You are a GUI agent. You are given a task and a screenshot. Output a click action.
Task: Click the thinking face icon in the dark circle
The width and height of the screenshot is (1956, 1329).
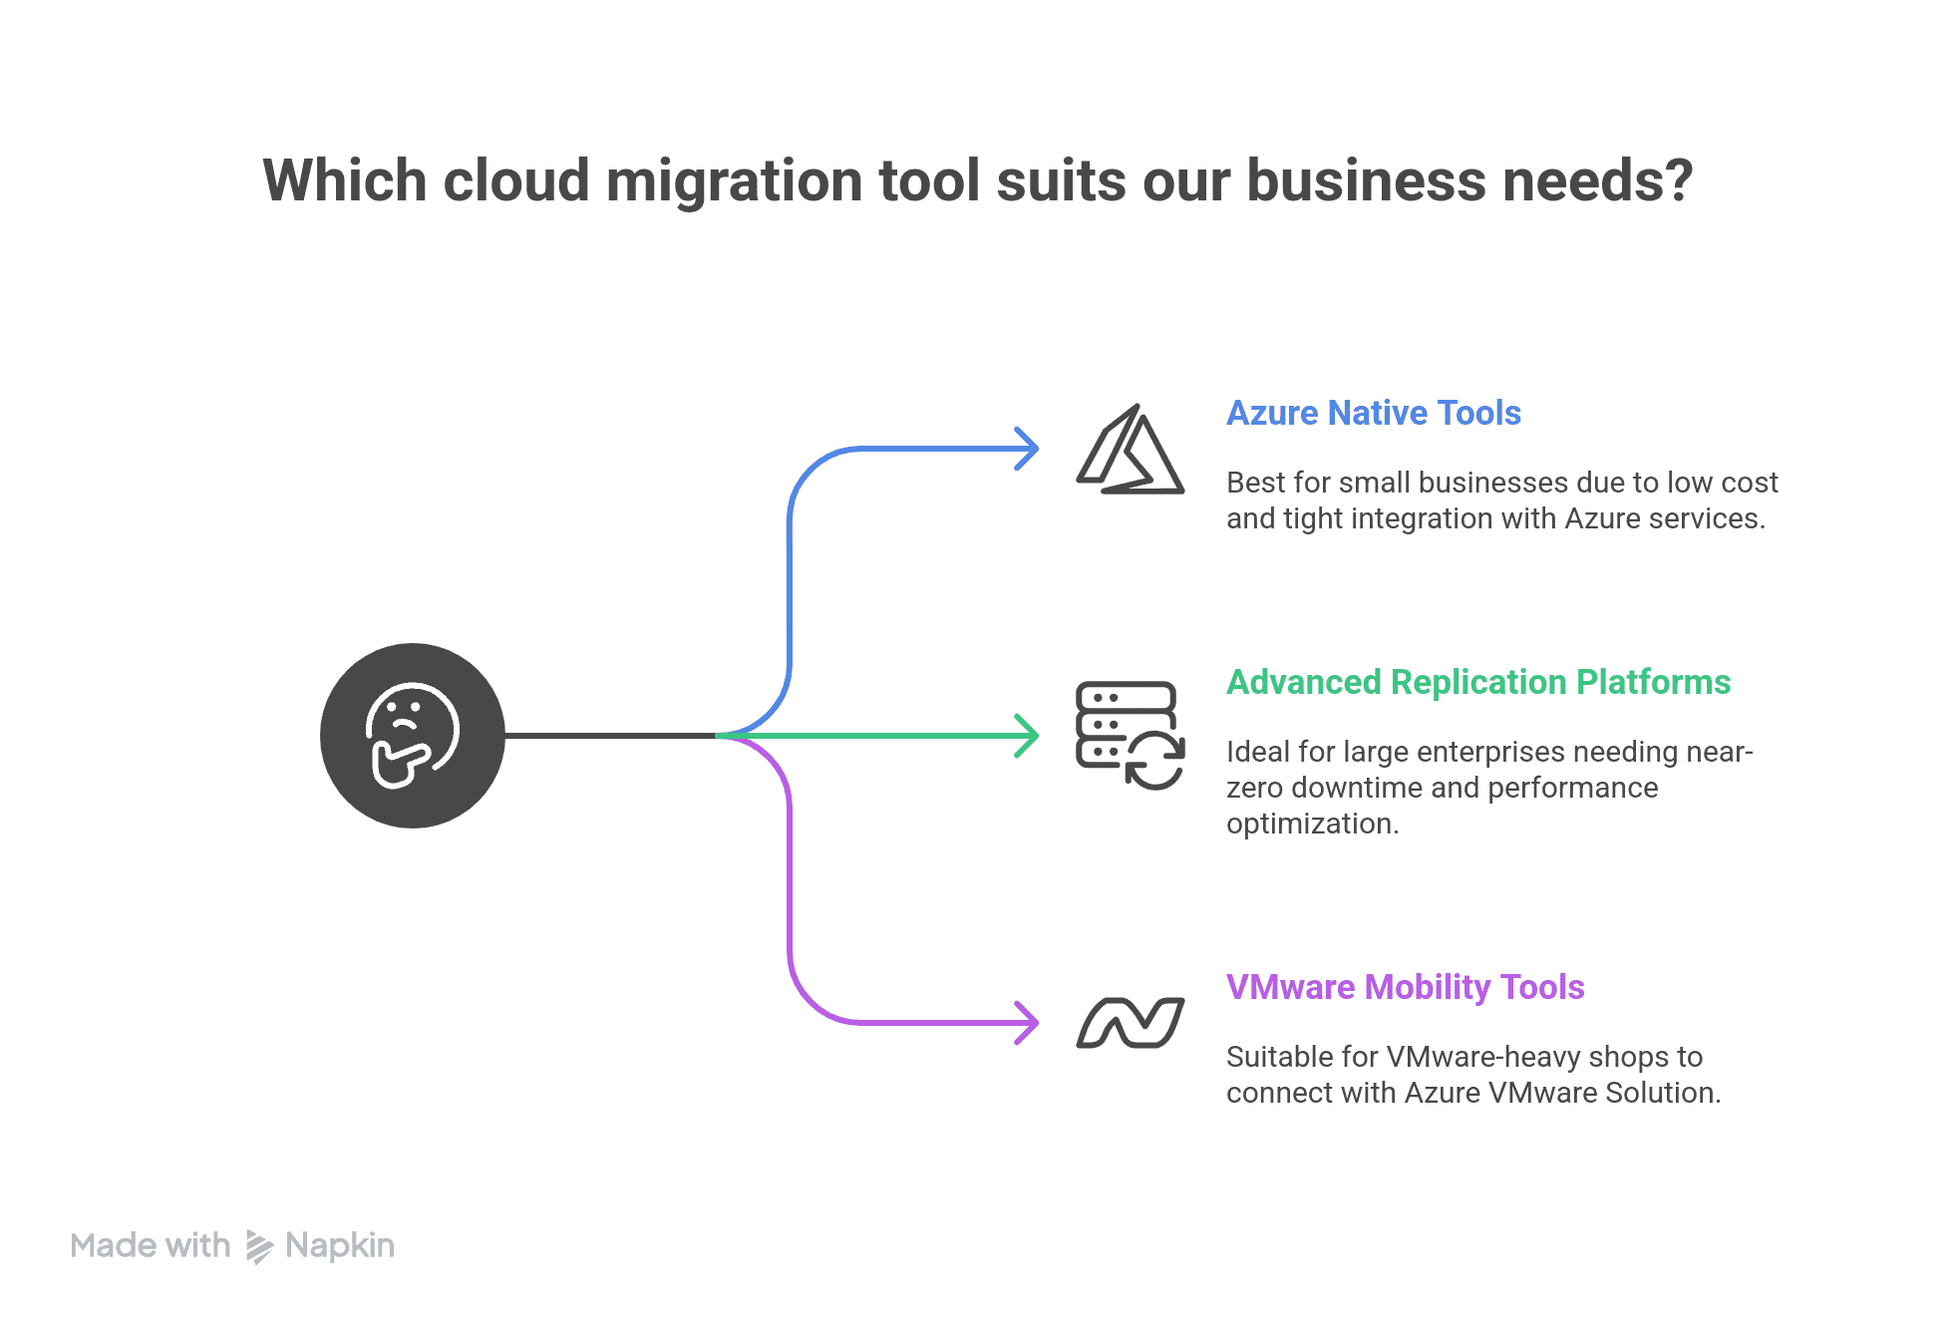pos(412,736)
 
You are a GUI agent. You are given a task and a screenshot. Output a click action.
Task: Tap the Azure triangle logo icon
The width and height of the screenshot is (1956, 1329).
pos(1131,451)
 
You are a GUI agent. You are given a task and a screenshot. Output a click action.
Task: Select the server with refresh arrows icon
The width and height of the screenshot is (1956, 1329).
pos(1131,736)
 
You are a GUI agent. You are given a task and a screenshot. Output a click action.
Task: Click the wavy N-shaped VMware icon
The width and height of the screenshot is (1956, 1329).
pos(1131,1023)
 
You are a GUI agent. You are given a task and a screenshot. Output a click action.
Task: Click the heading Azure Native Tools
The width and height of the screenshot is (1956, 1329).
pos(1373,413)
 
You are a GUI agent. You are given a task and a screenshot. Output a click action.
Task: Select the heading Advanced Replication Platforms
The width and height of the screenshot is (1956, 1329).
pos(1477,682)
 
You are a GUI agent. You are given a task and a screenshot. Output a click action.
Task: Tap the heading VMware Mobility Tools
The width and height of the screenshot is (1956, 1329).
pos(1405,987)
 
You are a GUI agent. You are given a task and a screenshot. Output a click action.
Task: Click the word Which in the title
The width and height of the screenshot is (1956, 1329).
pos(345,181)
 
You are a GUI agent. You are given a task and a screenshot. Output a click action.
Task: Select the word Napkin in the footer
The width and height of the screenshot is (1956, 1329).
pos(340,1245)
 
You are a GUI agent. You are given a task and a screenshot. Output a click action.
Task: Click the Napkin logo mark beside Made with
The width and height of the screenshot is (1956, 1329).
pos(259,1246)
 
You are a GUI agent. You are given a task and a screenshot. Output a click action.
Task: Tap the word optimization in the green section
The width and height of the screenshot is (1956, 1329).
pos(1311,824)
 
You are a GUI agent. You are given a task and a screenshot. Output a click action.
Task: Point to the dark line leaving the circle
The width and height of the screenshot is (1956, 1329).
pos(608,736)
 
